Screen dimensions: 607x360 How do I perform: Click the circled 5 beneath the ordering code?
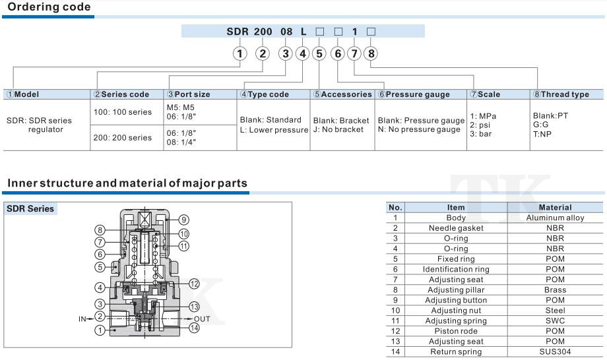[319, 53]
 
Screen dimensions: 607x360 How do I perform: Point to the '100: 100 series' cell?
[123, 112]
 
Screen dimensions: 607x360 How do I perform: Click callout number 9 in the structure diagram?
[184, 220]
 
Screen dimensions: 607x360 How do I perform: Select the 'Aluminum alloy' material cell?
[555, 218]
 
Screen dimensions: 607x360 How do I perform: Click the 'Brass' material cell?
[555, 289]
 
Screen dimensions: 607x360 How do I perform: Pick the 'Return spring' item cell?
[456, 351]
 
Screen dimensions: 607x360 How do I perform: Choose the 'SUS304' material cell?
[555, 351]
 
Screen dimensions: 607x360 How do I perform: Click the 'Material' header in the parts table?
[555, 207]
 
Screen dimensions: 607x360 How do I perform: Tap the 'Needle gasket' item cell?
[456, 227]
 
